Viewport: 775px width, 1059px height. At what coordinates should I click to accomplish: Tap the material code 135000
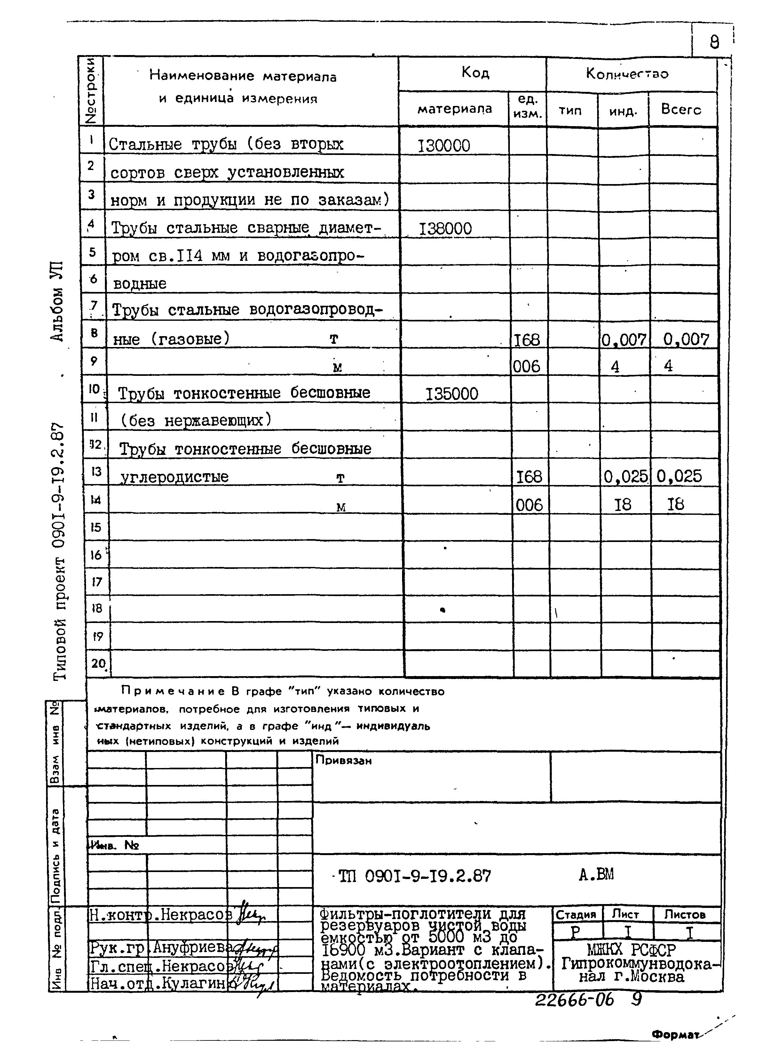[x=451, y=394]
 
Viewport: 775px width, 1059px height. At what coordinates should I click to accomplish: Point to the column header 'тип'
[x=570, y=110]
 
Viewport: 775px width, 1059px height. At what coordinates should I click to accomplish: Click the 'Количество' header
[x=627, y=74]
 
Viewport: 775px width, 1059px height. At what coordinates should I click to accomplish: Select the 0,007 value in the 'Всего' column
[x=685, y=339]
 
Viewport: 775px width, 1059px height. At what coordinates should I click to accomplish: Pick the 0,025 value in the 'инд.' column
[x=625, y=477]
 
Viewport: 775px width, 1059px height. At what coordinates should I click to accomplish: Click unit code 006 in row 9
[x=526, y=367]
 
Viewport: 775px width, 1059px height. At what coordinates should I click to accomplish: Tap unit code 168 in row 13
[x=529, y=477]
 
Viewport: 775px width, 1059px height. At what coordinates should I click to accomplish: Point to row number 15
[x=96, y=528]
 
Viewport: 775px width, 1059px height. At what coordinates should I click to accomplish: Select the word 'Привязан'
[x=344, y=760]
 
